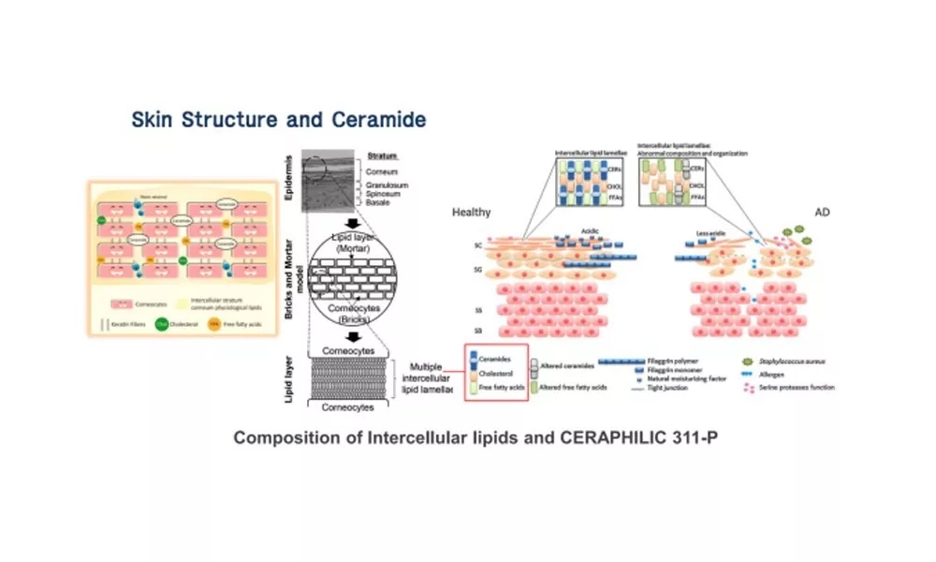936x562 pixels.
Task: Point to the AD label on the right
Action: [x=823, y=213]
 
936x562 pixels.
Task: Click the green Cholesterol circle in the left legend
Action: [x=161, y=326]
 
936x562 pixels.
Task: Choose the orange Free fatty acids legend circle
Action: [x=214, y=326]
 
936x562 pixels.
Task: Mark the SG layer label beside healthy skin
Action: [x=478, y=270]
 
